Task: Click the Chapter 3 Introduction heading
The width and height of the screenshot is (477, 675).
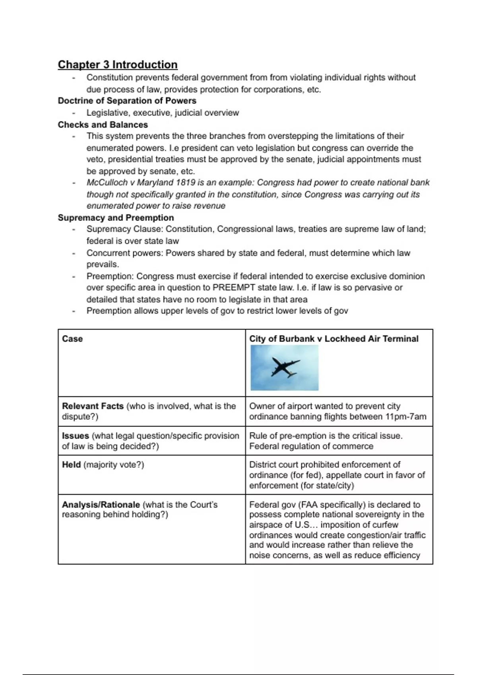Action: (118, 65)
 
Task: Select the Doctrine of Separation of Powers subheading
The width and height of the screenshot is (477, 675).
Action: (127, 101)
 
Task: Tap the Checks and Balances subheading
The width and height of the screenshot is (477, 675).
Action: (103, 125)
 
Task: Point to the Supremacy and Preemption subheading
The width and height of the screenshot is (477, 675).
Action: (116, 218)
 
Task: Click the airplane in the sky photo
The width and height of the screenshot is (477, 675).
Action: (285, 367)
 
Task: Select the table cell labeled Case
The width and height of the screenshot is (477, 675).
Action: (72, 339)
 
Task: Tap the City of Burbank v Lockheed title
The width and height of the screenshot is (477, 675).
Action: (334, 339)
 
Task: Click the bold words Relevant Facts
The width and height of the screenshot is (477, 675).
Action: (93, 406)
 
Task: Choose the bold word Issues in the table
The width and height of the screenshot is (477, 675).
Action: (76, 436)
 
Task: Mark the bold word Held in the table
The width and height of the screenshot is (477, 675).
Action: (72, 465)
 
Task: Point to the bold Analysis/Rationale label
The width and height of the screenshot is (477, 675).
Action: (101, 505)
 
